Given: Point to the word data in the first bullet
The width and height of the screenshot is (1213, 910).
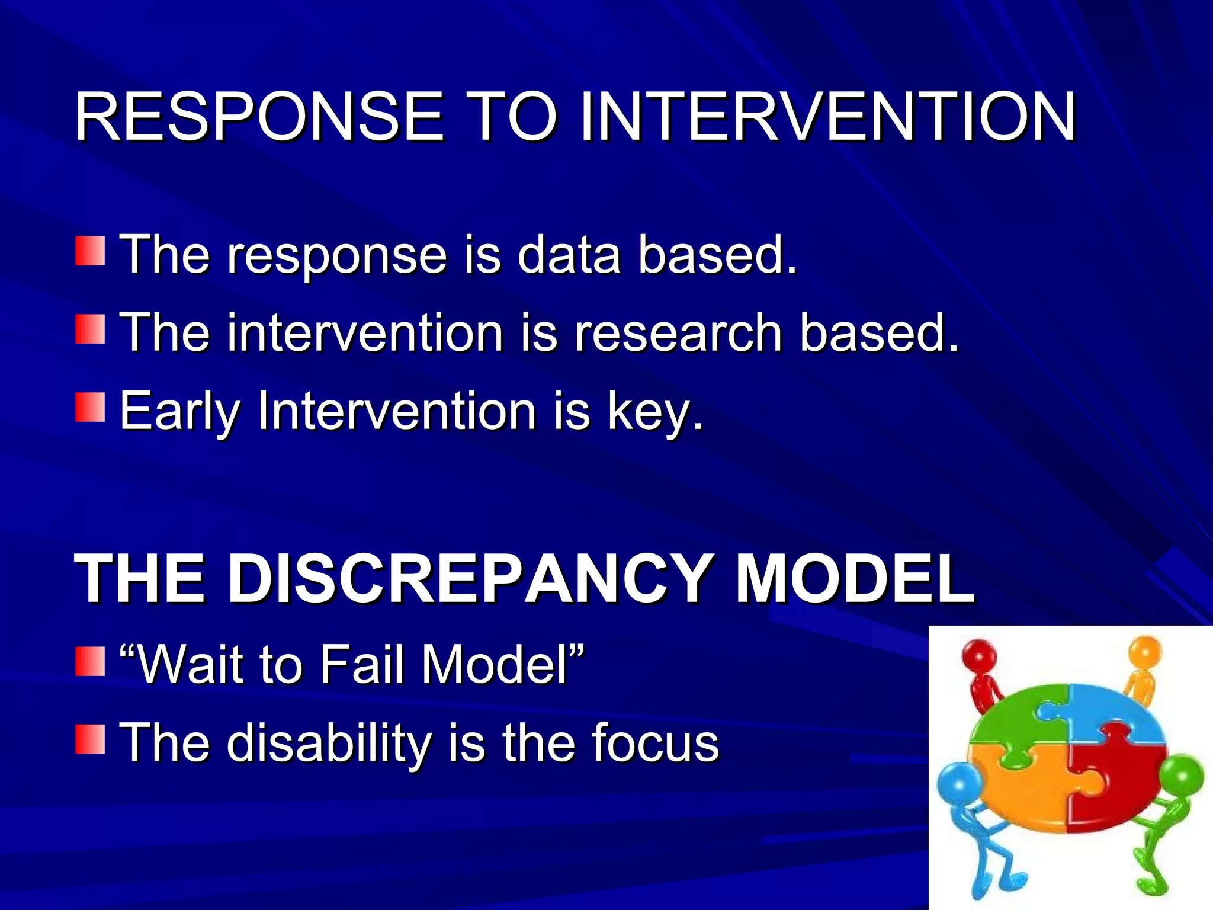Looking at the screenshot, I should [x=569, y=255].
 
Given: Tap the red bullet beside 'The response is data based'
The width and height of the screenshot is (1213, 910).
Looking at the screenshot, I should [x=90, y=251].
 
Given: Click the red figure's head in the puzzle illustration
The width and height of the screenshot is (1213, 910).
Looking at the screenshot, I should [x=978, y=656].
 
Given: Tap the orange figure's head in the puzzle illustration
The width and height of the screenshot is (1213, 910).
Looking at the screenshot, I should [x=1145, y=652].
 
